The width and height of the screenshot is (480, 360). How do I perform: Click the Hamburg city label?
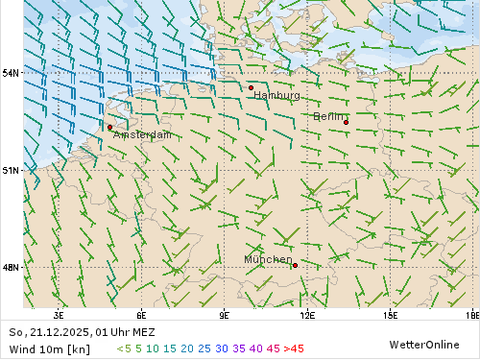276,96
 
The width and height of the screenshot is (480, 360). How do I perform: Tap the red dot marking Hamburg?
252,87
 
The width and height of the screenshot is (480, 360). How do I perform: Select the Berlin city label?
329,116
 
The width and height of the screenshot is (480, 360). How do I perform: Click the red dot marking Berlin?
346,122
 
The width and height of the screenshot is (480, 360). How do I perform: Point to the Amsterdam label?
142,135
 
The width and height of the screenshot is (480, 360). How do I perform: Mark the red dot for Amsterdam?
109,127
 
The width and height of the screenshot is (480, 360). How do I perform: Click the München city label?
268,259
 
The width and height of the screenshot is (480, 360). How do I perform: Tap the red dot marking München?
295,265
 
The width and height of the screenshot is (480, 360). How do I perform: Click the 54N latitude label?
11,73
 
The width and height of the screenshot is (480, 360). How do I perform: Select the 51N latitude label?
11,170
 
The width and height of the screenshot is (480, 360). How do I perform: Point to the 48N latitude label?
11,268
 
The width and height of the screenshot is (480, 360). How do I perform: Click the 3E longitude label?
59,315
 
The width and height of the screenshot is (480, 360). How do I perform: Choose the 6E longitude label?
141,315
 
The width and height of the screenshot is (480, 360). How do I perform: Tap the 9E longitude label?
225,315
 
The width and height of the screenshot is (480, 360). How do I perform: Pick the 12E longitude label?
307,315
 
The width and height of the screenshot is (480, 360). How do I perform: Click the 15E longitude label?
391,315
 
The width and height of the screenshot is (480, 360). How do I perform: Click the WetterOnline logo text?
423,344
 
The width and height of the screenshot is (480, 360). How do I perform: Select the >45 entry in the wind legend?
294,348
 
